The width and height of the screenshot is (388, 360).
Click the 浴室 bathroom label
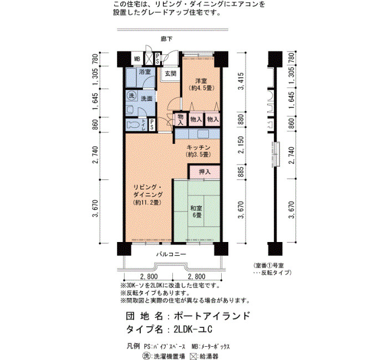coord(145,72)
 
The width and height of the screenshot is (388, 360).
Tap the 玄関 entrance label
coord(171,74)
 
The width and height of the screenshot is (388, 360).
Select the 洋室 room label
coord(201,81)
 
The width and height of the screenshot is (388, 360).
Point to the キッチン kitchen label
coord(198,148)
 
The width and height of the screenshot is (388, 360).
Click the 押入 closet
coord(205,172)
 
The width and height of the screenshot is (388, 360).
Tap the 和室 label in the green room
coord(196,208)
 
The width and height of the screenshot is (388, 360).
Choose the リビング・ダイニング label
coord(148,191)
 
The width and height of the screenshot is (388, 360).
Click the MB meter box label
coord(137,59)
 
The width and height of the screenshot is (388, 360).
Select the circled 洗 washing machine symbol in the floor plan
coord(131,95)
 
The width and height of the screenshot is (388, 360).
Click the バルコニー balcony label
coord(171,254)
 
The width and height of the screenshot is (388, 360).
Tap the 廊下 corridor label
coord(166,39)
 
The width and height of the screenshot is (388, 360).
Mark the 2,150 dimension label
coord(241,145)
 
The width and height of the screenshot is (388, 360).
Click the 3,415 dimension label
coord(241,81)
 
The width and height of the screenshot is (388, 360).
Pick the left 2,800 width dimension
coord(149,276)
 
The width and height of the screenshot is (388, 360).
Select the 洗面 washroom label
coord(146,99)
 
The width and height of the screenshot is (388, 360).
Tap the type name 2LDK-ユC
coord(193,330)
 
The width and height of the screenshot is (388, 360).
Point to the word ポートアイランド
coord(212,316)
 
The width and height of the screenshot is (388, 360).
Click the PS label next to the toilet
coord(152,125)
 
